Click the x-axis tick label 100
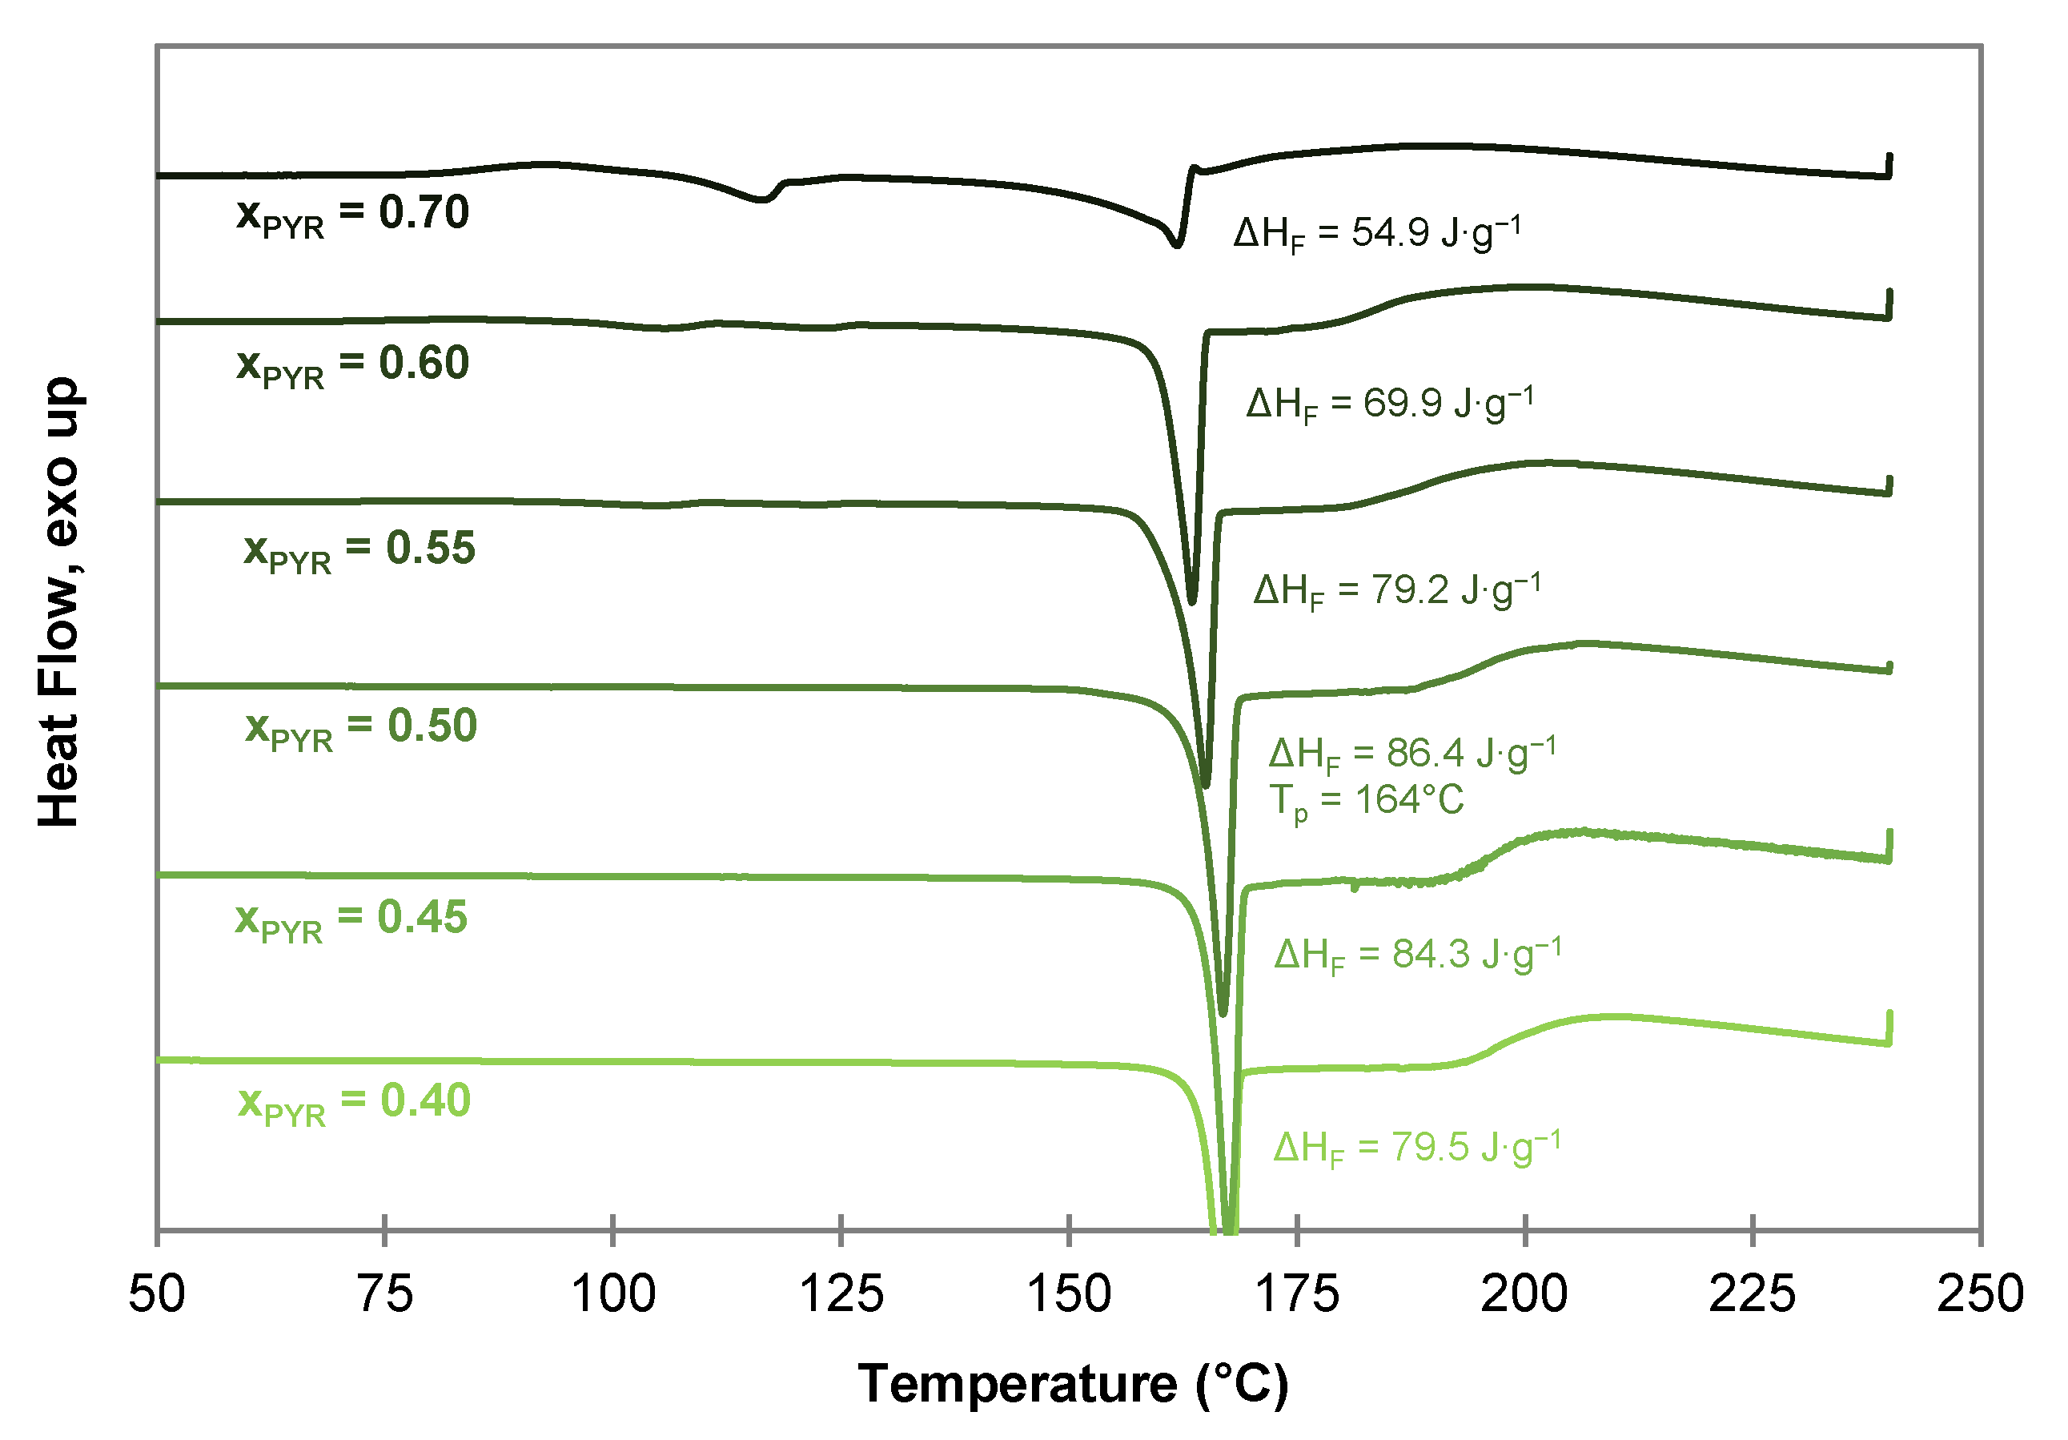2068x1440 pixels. [613, 1294]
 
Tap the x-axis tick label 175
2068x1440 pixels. [1297, 1294]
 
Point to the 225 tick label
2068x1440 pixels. [1753, 1294]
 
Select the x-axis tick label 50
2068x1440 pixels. [157, 1294]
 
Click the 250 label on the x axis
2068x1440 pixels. [1981, 1294]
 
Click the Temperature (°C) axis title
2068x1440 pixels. [1073, 1384]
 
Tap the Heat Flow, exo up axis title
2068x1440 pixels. [59, 602]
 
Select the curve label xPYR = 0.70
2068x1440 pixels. [352, 215]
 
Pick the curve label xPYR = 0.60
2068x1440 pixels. [352, 366]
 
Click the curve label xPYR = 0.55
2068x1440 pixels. [359, 550]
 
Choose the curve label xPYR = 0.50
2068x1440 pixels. [361, 728]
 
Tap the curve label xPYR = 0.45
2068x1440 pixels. [351, 920]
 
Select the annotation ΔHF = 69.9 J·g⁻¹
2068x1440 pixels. [1390, 404]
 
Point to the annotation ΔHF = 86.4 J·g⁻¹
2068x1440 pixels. [1412, 754]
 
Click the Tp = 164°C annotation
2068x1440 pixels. [1367, 801]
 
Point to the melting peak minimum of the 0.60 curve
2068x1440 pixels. [1193, 601]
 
